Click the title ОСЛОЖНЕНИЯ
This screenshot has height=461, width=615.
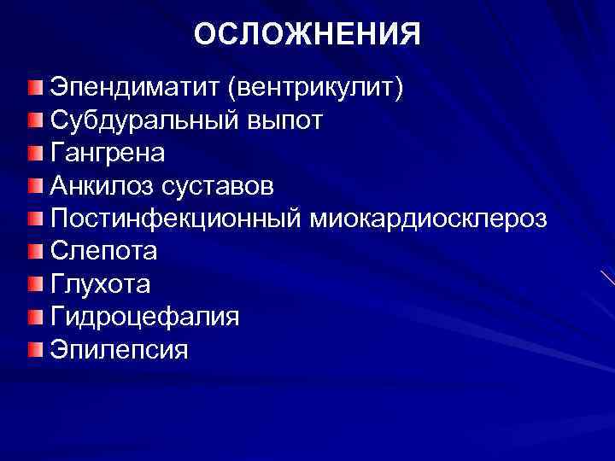307,35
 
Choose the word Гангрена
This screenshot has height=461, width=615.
108,154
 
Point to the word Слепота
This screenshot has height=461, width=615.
103,252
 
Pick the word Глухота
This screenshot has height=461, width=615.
100,284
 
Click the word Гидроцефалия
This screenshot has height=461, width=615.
144,317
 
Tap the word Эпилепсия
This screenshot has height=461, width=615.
119,350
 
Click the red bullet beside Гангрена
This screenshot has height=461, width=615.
32,155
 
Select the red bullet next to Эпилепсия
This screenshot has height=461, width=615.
32,350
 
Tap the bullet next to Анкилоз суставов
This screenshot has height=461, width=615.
32,187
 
